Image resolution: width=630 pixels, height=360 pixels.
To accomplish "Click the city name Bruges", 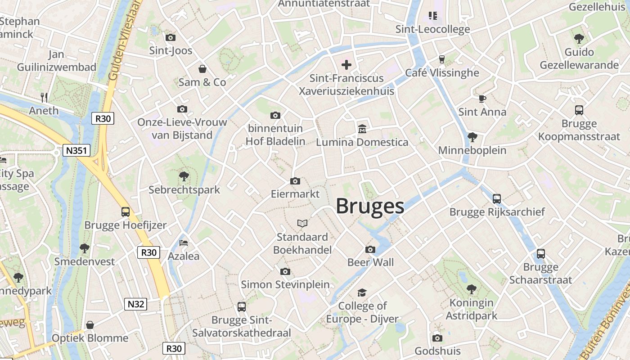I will tap(370, 207).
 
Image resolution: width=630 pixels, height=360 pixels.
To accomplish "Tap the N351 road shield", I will tap(76, 150).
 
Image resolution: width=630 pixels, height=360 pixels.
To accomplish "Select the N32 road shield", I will tap(135, 304).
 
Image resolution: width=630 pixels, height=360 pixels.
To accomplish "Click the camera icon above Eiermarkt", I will tap(295, 181).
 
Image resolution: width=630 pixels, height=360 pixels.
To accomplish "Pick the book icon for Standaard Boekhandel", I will tap(302, 223).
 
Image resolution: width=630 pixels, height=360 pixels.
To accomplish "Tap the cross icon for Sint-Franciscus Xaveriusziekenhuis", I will tap(346, 65).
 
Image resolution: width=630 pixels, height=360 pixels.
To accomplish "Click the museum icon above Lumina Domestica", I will tap(362, 129).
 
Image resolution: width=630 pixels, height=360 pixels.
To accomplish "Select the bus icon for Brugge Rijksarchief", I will tap(497, 198).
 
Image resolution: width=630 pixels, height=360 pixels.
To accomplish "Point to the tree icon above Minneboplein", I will tap(472, 137).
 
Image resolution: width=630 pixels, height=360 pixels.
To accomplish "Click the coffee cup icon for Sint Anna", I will tap(482, 99).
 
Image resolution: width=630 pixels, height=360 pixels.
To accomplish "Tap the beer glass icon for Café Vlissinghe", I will tap(441, 59).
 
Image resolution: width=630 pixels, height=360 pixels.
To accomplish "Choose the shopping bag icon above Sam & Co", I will tap(202, 69).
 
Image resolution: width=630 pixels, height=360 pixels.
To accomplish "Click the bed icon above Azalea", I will tap(184, 243).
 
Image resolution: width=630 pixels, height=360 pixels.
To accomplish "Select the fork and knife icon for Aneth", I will tap(44, 97).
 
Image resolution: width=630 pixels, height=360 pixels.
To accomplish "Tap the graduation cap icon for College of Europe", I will tap(362, 293).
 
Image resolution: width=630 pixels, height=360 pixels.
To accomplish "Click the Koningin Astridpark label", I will tap(472, 309).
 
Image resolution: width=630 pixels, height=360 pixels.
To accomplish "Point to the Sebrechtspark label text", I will tap(184, 190).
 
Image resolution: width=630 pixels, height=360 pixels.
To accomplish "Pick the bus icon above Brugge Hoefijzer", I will tap(126, 211).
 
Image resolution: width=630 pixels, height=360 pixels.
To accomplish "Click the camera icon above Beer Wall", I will tap(370, 249).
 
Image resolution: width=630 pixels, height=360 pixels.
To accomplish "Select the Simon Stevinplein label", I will tap(285, 284).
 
